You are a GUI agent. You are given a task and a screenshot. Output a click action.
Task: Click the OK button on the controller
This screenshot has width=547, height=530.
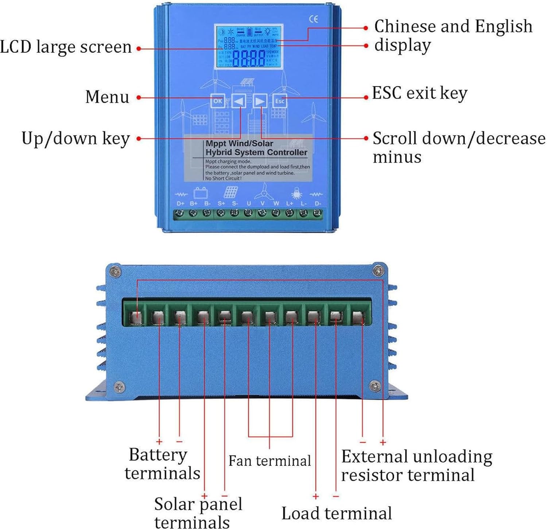[x=218, y=101]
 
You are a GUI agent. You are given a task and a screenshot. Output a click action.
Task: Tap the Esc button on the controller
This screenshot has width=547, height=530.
[x=280, y=101]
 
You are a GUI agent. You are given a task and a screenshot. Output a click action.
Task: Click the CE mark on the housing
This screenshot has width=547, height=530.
[x=314, y=19]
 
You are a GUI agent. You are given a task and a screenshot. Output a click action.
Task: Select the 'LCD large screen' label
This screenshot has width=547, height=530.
[x=66, y=47]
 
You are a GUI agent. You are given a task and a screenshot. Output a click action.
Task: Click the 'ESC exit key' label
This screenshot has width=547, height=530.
[x=419, y=93]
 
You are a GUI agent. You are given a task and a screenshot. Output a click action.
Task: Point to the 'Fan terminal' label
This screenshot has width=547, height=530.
[x=269, y=461]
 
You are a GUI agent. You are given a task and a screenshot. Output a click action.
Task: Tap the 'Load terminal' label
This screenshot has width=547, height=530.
[x=337, y=513]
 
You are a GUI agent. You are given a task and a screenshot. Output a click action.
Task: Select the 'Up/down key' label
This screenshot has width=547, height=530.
[x=75, y=139]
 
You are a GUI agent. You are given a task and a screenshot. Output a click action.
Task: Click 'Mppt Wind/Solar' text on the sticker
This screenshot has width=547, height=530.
[x=239, y=144]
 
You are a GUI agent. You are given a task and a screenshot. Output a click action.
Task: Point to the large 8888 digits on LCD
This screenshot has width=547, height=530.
[x=249, y=58]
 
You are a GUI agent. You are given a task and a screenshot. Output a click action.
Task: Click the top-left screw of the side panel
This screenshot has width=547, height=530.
[x=116, y=272]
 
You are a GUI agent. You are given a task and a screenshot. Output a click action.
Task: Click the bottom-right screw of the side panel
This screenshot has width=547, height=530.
[x=375, y=386]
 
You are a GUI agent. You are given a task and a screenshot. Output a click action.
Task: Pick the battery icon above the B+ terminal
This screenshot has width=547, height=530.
[x=200, y=192]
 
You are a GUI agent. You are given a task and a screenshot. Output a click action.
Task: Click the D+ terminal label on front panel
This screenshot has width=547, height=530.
[x=180, y=203]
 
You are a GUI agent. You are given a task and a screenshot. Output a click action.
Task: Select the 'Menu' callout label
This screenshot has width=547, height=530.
[x=107, y=97]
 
